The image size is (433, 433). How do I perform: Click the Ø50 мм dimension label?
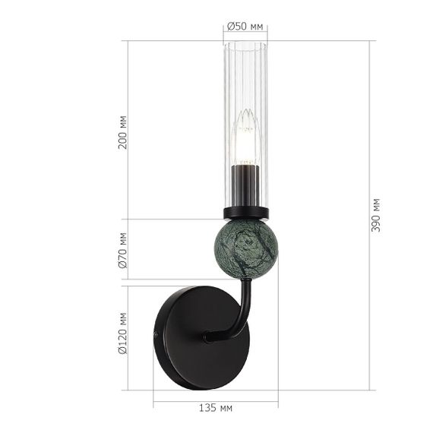point(245,27)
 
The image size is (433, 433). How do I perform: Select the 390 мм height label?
point(376,215)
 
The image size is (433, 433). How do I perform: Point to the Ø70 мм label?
point(123,251)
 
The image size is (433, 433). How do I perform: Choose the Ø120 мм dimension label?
point(123,335)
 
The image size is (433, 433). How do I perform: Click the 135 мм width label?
point(215,408)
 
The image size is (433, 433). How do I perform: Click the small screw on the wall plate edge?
point(156,335)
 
